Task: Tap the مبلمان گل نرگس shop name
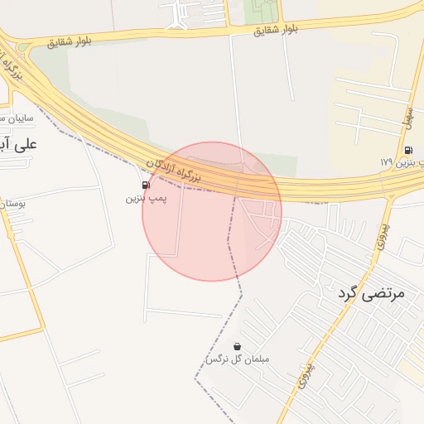click(238, 360)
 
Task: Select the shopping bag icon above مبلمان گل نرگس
click(238, 346)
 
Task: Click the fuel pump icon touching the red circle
click(146, 185)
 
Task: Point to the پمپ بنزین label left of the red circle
click(146, 199)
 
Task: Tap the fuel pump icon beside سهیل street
click(408, 150)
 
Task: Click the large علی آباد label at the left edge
click(18, 145)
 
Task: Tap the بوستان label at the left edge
click(12, 202)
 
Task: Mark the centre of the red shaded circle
click(212, 211)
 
